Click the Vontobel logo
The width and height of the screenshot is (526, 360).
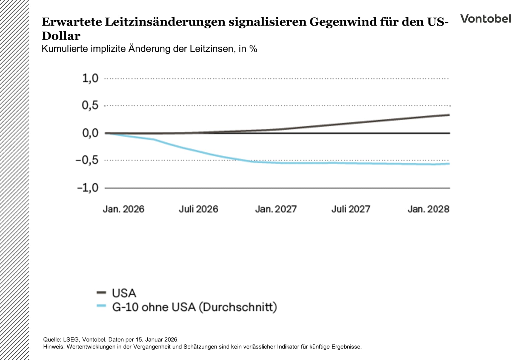point(485,19)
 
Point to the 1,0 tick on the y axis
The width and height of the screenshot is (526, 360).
point(90,78)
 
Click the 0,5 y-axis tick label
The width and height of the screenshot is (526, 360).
point(90,105)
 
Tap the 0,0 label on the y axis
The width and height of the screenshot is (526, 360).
point(90,133)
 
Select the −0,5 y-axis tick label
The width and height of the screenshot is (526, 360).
point(87,160)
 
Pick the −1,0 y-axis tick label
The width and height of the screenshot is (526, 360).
point(87,188)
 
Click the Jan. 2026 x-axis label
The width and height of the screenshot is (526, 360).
point(123,209)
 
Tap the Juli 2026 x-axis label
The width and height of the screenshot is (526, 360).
point(198,209)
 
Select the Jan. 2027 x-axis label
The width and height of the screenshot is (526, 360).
point(276,209)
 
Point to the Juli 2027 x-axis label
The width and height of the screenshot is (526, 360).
point(351,209)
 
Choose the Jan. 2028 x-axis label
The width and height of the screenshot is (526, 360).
point(428,209)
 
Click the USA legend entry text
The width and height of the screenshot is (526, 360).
point(124,293)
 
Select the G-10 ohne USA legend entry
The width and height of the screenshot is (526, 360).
point(194,307)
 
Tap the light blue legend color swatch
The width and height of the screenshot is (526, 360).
point(101,306)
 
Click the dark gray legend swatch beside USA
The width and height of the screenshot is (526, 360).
point(101,293)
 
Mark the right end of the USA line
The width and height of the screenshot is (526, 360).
point(449,115)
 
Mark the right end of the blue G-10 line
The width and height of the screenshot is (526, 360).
point(449,164)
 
